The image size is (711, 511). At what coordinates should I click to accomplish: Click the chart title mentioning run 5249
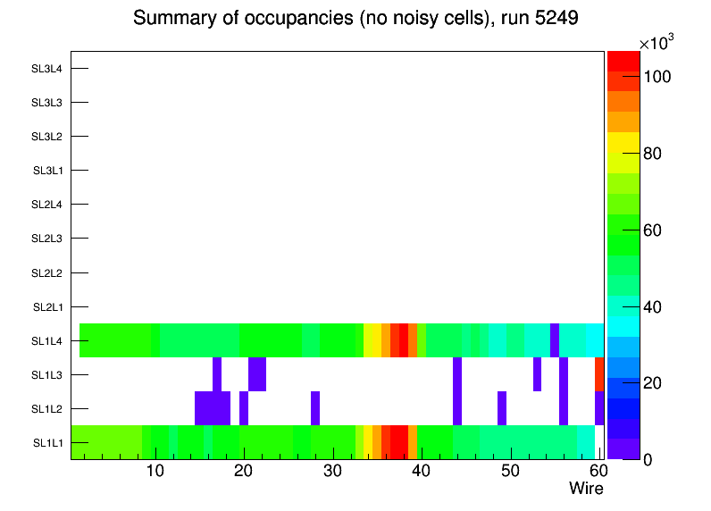[x=355, y=19]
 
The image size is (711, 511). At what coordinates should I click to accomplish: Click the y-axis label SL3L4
[x=47, y=69]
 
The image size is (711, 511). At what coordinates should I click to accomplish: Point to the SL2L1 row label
[x=47, y=307]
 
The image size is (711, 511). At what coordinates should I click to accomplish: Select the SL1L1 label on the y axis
[x=47, y=443]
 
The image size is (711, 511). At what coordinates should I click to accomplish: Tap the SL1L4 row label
[x=47, y=341]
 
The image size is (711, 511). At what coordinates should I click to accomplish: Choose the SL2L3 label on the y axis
[x=47, y=239]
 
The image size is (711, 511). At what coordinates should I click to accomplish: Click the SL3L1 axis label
[x=47, y=171]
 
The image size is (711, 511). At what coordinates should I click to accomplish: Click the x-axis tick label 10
[x=155, y=472]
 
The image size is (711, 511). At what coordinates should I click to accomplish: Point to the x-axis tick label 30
[x=332, y=472]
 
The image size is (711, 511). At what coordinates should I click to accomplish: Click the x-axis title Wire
[x=586, y=489]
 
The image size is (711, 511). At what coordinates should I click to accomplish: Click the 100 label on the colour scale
[x=657, y=78]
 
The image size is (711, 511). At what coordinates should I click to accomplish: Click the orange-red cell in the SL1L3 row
[x=599, y=374]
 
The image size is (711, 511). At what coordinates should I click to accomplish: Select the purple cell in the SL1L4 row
[x=555, y=340]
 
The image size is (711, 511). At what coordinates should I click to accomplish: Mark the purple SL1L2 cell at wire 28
[x=315, y=408]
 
